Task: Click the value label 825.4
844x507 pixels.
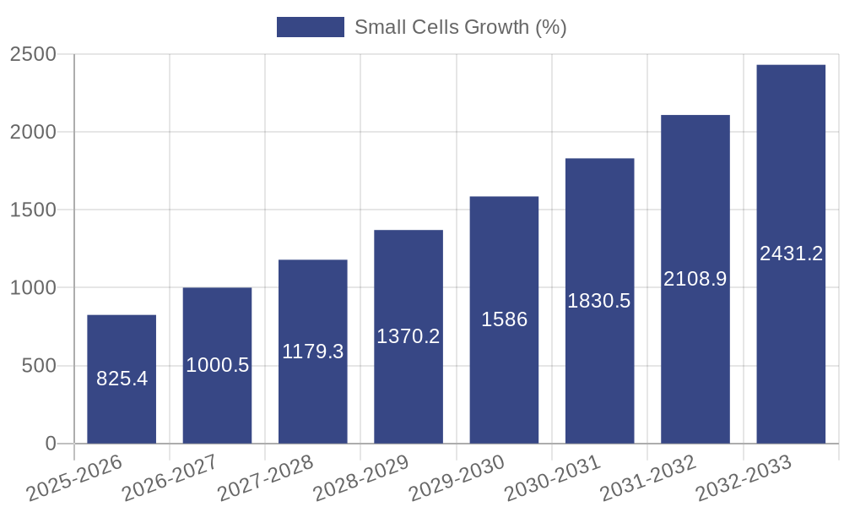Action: click(122, 379)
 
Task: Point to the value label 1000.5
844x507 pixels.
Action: click(217, 365)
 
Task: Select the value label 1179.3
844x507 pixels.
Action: click(313, 352)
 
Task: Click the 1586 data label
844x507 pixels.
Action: click(504, 319)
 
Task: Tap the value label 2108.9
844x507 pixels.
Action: click(695, 279)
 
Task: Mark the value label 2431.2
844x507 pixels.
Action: click(791, 253)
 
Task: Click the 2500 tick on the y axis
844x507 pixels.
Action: click(33, 54)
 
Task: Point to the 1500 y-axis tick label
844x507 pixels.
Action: click(33, 210)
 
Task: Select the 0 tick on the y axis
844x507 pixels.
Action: click(50, 444)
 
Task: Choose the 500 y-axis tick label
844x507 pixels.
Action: click(39, 366)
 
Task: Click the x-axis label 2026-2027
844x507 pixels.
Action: click(170, 478)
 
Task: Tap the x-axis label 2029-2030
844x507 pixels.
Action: click(457, 478)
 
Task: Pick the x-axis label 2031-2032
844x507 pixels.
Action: click(647, 478)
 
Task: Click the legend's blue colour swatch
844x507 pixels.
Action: click(311, 27)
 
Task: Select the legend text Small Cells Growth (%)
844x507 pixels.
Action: click(460, 27)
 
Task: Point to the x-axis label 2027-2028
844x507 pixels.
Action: click(265, 478)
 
